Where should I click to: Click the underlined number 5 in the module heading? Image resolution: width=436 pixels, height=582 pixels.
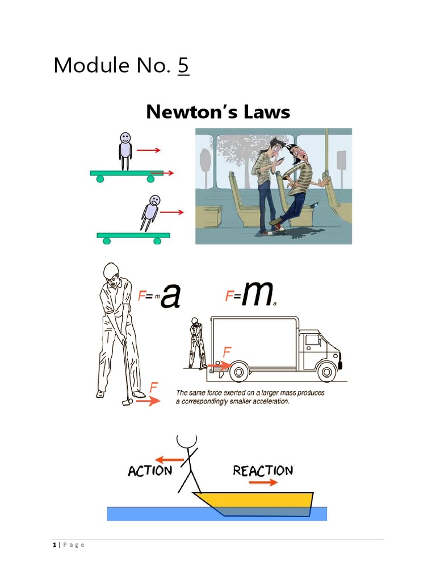point(183,66)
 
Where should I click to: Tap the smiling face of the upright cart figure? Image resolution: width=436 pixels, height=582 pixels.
point(125,138)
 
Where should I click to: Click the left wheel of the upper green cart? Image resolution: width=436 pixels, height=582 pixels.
point(100,179)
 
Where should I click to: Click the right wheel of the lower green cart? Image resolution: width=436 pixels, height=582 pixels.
point(157,241)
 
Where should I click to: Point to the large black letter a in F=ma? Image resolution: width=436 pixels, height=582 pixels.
point(170,296)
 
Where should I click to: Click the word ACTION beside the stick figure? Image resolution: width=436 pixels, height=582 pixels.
point(150,471)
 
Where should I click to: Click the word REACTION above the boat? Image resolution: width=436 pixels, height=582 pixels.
point(263,471)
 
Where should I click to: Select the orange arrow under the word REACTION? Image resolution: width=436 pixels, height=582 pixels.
point(263,483)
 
